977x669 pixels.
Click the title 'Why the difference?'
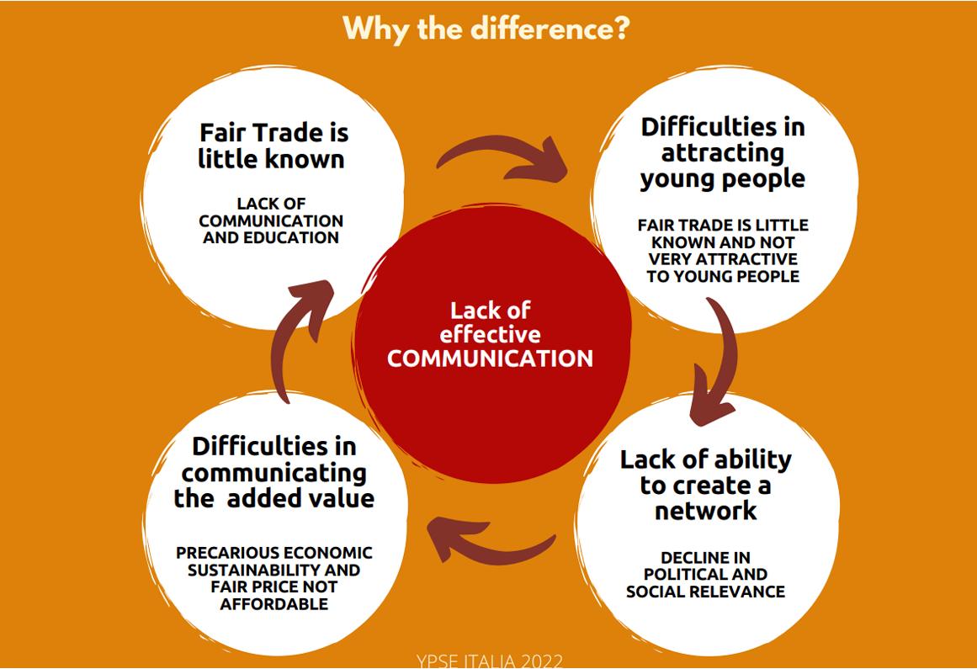click(486, 28)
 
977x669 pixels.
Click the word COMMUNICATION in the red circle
click(490, 358)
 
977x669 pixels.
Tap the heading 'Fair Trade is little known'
click(273, 145)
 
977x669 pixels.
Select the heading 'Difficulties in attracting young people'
click(722, 152)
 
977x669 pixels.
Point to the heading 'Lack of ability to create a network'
click(705, 485)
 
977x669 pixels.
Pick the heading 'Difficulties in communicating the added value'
click(274, 471)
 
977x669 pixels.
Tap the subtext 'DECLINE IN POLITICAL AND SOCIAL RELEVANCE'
click(705, 575)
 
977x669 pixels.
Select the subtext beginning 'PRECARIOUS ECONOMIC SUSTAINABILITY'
click(274, 578)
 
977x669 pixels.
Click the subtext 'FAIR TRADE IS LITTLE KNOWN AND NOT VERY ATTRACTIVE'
click(723, 250)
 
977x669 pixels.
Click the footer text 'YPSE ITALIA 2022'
click(489, 660)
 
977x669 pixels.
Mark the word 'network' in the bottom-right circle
click(705, 511)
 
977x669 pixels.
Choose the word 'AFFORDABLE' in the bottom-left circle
click(274, 604)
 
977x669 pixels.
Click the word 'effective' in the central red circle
click(490, 334)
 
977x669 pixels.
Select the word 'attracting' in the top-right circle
click(722, 152)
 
